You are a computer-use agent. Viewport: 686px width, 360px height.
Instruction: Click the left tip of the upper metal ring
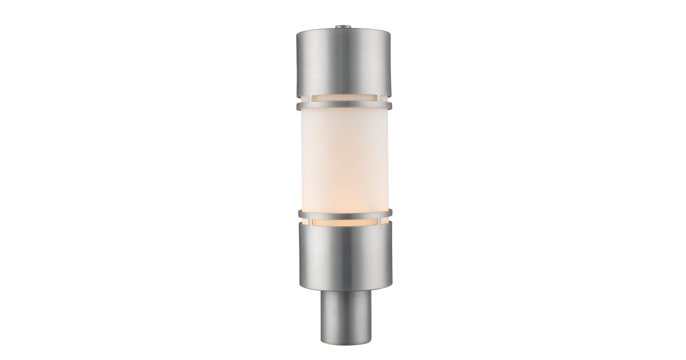pyautogui.click(x=297, y=106)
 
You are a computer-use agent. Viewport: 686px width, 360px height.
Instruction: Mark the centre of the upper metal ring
pyautogui.click(x=343, y=106)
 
